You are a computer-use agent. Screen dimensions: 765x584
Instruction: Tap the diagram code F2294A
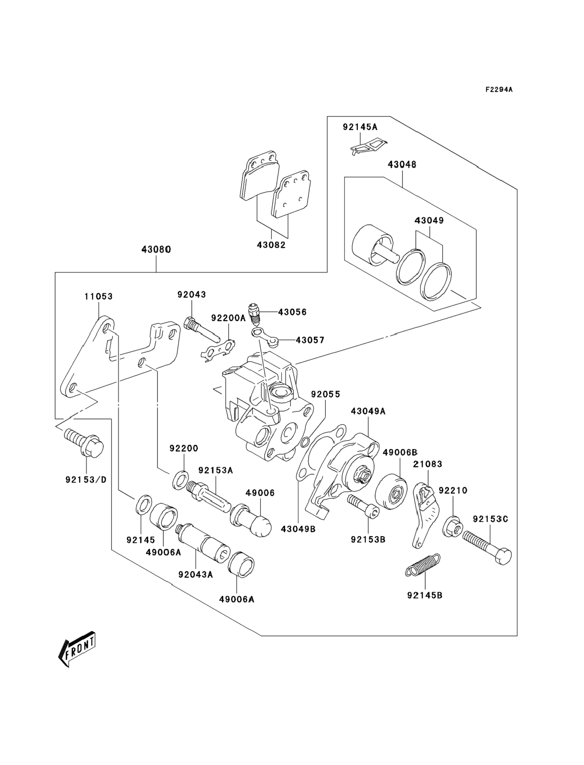tap(499, 90)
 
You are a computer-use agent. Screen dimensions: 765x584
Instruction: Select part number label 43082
tap(271, 245)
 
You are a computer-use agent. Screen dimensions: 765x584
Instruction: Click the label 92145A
tap(360, 127)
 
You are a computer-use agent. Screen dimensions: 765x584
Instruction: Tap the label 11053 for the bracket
tap(99, 296)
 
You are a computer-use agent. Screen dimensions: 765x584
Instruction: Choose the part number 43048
tap(402, 165)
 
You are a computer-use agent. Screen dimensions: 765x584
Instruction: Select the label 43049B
tap(298, 529)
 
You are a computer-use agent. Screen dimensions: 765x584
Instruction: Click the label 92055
tap(325, 394)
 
